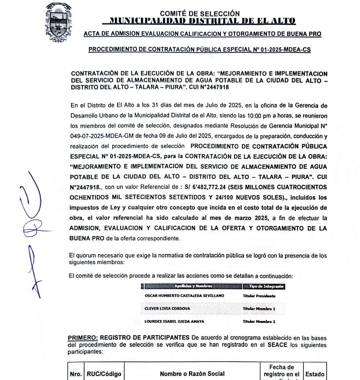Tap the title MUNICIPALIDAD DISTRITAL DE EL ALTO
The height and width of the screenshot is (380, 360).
(199, 21)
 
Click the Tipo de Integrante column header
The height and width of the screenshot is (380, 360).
(264, 287)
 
